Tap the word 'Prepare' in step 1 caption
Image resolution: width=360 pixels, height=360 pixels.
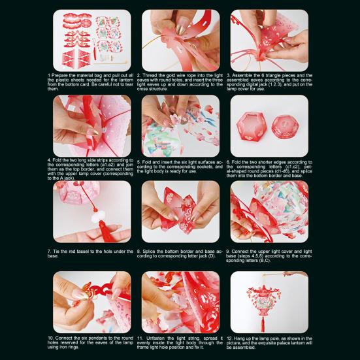coord(60,76)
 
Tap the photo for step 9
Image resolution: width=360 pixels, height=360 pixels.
coord(269,212)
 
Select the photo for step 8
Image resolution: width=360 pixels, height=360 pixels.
coord(180,212)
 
